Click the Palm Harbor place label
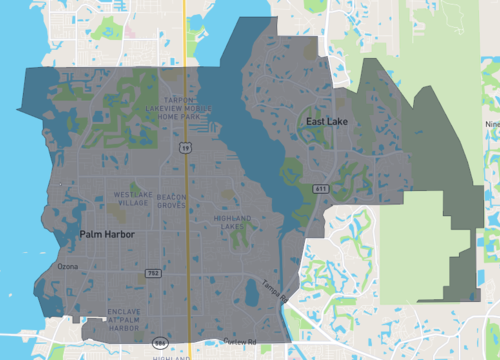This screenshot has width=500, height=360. coord(106,234)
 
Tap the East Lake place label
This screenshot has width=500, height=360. coord(327,121)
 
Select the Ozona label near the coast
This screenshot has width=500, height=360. coord(67,267)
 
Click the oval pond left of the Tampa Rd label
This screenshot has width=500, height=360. coord(250,293)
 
